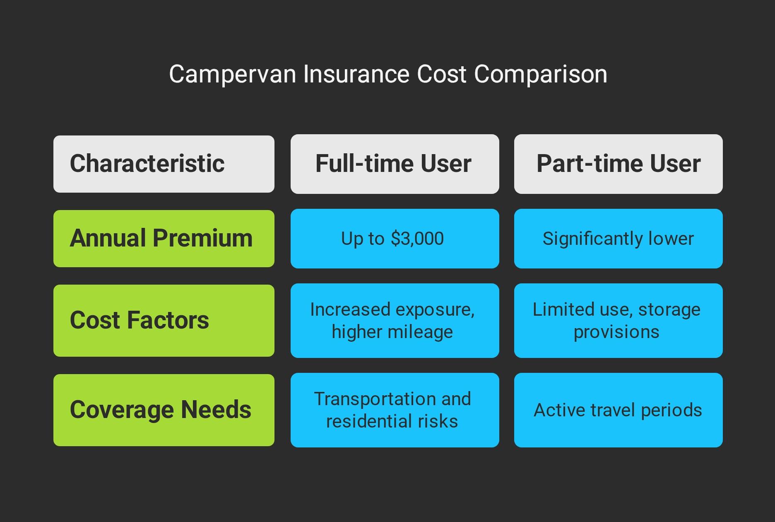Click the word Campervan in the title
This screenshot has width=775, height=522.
233,75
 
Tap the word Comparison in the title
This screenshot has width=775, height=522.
540,75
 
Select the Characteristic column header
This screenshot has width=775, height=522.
164,164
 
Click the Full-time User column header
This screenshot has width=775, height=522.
395,164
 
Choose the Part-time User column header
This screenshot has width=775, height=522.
619,164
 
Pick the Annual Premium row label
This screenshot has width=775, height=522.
164,239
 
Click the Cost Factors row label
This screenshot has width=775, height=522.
164,321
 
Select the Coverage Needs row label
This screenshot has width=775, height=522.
164,410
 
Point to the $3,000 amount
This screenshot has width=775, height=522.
417,239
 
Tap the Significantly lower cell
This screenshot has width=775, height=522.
619,239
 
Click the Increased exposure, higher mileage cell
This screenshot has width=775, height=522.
395,321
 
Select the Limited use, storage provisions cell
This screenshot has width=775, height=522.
619,321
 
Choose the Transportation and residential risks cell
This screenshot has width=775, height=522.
395,410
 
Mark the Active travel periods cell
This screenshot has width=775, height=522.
619,410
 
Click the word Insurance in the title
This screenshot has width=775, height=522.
356,75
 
